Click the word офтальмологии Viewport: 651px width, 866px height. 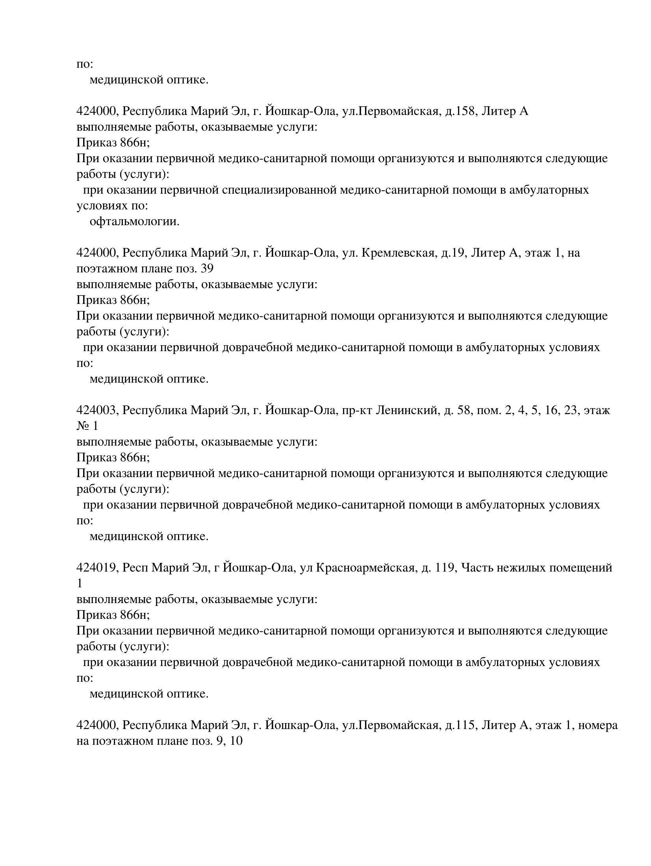[134, 222]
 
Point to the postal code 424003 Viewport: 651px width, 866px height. [97, 410]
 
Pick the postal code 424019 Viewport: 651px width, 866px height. [97, 568]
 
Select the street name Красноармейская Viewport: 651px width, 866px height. [366, 568]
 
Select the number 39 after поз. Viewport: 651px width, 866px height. [207, 269]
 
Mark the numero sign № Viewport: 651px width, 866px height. [83, 426]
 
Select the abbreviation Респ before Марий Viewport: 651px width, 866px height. [135, 568]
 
